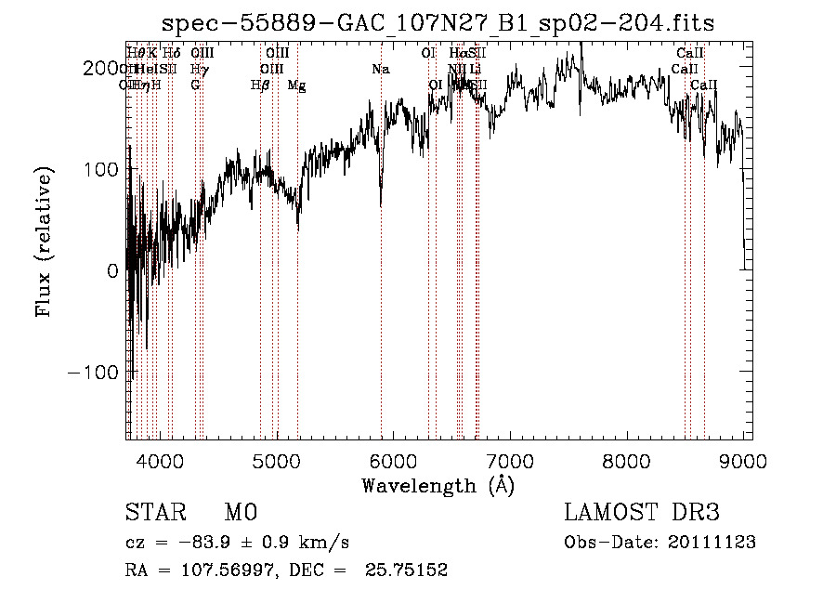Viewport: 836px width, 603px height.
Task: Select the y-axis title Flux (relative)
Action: point(45,242)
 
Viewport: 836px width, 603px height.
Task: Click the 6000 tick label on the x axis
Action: point(394,459)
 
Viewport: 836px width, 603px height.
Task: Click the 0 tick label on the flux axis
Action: point(111,270)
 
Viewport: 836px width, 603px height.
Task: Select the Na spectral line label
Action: point(380,69)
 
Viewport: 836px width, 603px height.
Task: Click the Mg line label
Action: point(297,85)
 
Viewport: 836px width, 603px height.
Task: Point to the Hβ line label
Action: point(260,85)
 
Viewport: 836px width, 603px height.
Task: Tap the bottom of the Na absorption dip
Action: point(381,204)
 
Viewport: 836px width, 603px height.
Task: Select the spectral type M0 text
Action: point(240,513)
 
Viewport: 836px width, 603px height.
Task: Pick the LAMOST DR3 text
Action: point(642,513)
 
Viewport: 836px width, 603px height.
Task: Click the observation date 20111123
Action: point(712,543)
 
